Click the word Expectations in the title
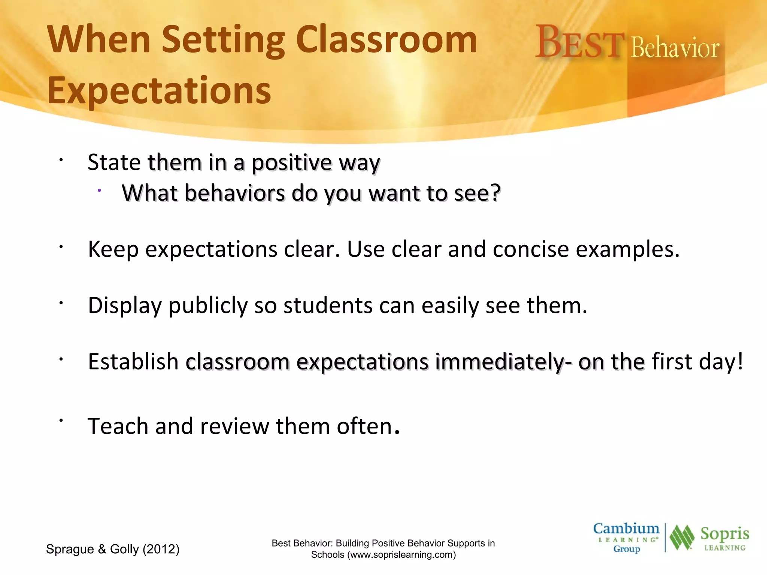coord(159,91)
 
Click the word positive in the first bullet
coord(291,163)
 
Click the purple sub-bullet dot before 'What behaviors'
coord(99,191)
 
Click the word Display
coord(124,305)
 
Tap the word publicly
coord(208,305)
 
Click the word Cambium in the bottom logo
coord(626,529)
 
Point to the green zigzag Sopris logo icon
coord(682,538)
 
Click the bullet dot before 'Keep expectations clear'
coord(60,247)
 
